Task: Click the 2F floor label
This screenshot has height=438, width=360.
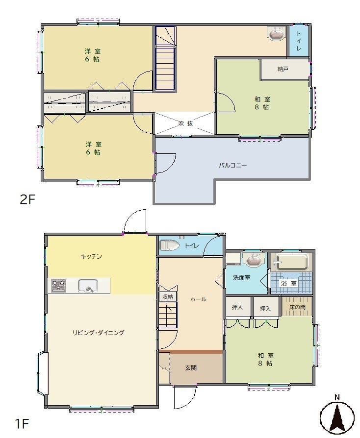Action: coord(27,199)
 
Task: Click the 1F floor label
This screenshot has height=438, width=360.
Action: coord(22,424)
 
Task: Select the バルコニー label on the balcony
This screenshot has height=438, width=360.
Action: coord(233,165)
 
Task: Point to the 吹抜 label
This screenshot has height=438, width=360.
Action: coord(186,123)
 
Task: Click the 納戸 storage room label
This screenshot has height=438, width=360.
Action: coord(283,69)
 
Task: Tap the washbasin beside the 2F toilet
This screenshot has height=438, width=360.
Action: coord(276,34)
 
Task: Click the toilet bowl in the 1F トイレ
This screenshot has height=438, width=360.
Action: coord(169,245)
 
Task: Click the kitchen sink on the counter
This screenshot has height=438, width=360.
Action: coord(88,286)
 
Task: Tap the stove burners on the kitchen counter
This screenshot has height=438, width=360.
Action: coord(59,286)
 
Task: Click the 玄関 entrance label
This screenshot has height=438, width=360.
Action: coord(191,368)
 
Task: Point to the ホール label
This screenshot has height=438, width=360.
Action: coord(198,299)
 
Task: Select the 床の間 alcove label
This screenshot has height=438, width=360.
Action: coord(297,307)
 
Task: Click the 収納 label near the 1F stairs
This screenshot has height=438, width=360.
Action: coord(168,297)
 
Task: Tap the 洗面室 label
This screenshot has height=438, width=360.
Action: coord(242,278)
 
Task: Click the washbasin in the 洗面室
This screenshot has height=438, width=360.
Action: coord(254,260)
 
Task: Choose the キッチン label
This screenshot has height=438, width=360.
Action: coord(91,256)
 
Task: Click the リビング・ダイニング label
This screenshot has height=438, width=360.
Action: coord(98,332)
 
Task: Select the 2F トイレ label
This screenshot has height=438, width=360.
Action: coord(299,41)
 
